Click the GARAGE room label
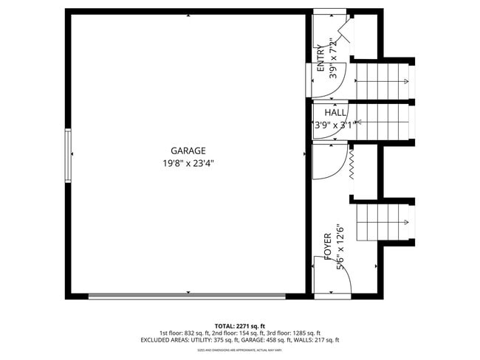click(x=189, y=150)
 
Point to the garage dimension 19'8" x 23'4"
click(x=189, y=163)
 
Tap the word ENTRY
click(x=321, y=58)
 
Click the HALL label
click(x=335, y=113)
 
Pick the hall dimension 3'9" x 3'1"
click(x=335, y=125)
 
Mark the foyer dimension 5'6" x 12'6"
click(x=341, y=248)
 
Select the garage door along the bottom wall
click(x=187, y=296)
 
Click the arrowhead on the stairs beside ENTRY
click(x=406, y=80)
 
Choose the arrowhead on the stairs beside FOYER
click(x=406, y=222)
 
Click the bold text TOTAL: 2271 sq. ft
click(x=240, y=325)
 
